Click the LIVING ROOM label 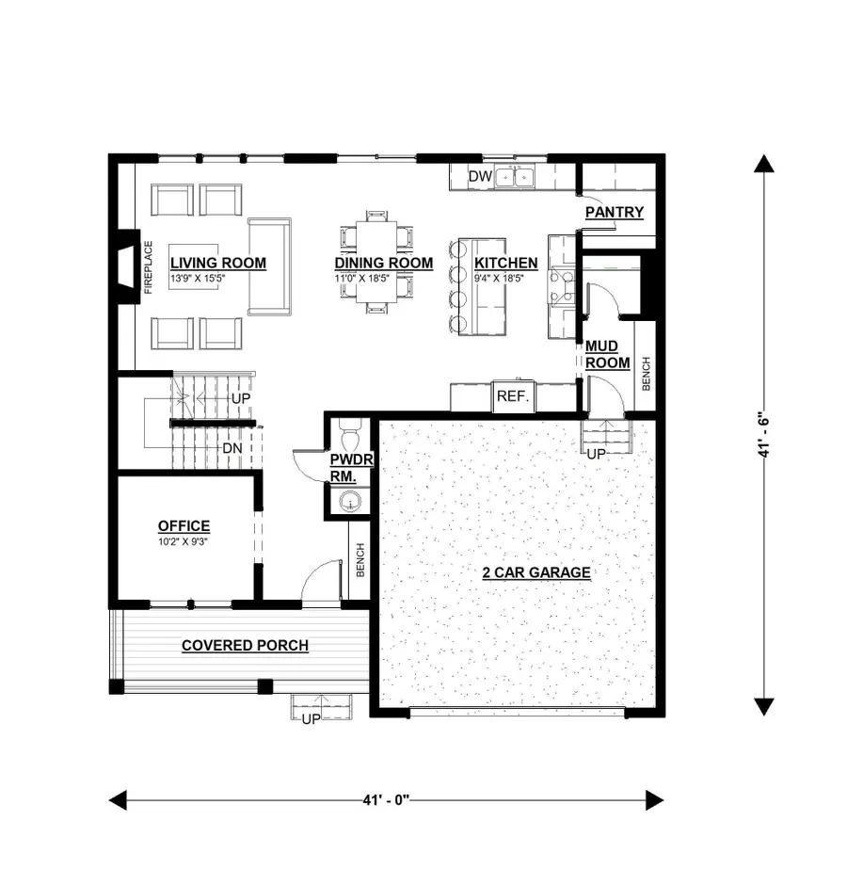(217, 263)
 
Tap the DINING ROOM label (384, 263)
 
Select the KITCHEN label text (505, 263)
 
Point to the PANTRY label (614, 213)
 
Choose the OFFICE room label (184, 525)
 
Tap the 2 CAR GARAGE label (536, 572)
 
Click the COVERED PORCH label (245, 645)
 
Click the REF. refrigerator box (514, 396)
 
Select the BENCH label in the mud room (646, 374)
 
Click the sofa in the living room (270, 266)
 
